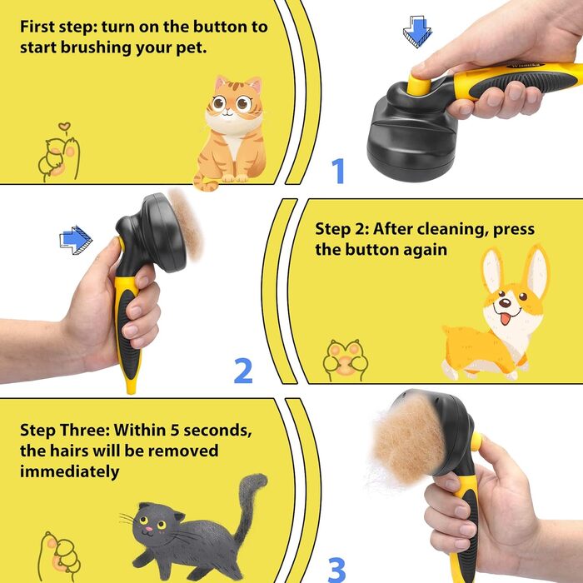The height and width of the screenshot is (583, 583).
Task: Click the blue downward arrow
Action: pos(417,32)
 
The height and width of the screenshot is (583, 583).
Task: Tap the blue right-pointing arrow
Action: pos(76,240)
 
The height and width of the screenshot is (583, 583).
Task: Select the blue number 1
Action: pos(338,171)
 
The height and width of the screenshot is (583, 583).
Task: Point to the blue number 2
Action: pos(243,371)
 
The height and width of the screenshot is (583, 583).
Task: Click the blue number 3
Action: pos(336,570)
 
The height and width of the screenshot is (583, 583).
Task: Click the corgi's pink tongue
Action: pos(505,319)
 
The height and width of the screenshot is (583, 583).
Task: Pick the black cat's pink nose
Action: pos(149,529)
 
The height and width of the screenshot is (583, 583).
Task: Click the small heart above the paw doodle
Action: pos(64,127)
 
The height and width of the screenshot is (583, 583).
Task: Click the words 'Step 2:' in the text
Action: pos(341,229)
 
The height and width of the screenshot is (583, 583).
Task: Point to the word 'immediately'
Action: pos(69,471)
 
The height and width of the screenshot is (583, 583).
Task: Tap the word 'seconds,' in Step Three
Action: pos(217,431)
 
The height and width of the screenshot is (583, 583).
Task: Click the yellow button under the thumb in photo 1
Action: pos(419,83)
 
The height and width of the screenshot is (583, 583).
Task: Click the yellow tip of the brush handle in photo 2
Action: pos(132,385)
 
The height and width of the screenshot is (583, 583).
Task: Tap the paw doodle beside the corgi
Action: pos(346,360)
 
